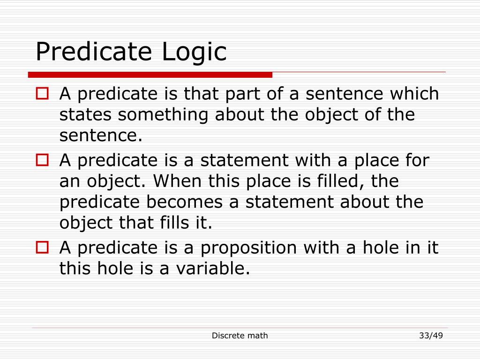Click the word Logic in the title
point(194,52)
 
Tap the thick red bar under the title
point(150,75)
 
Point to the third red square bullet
point(42,247)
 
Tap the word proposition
point(249,248)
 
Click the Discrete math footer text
point(240,335)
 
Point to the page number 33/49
point(431,335)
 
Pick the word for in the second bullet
point(416,160)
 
